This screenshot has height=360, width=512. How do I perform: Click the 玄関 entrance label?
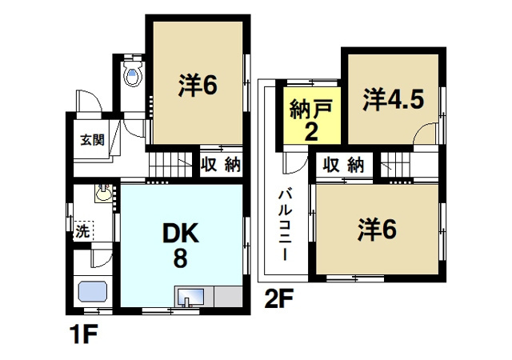(x=92, y=139)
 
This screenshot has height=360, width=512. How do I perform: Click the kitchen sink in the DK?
(x=190, y=297)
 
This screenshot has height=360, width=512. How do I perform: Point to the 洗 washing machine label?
(x=82, y=232)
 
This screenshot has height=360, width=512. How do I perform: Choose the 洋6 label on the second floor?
(x=377, y=230)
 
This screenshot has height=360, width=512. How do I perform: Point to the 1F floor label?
(x=79, y=331)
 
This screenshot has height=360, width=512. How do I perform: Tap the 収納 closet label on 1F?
(x=220, y=166)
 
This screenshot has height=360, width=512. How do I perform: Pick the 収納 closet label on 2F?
(x=344, y=166)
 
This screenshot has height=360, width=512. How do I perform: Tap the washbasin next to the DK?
(x=102, y=194)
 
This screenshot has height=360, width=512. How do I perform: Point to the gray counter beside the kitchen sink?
(x=225, y=297)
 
